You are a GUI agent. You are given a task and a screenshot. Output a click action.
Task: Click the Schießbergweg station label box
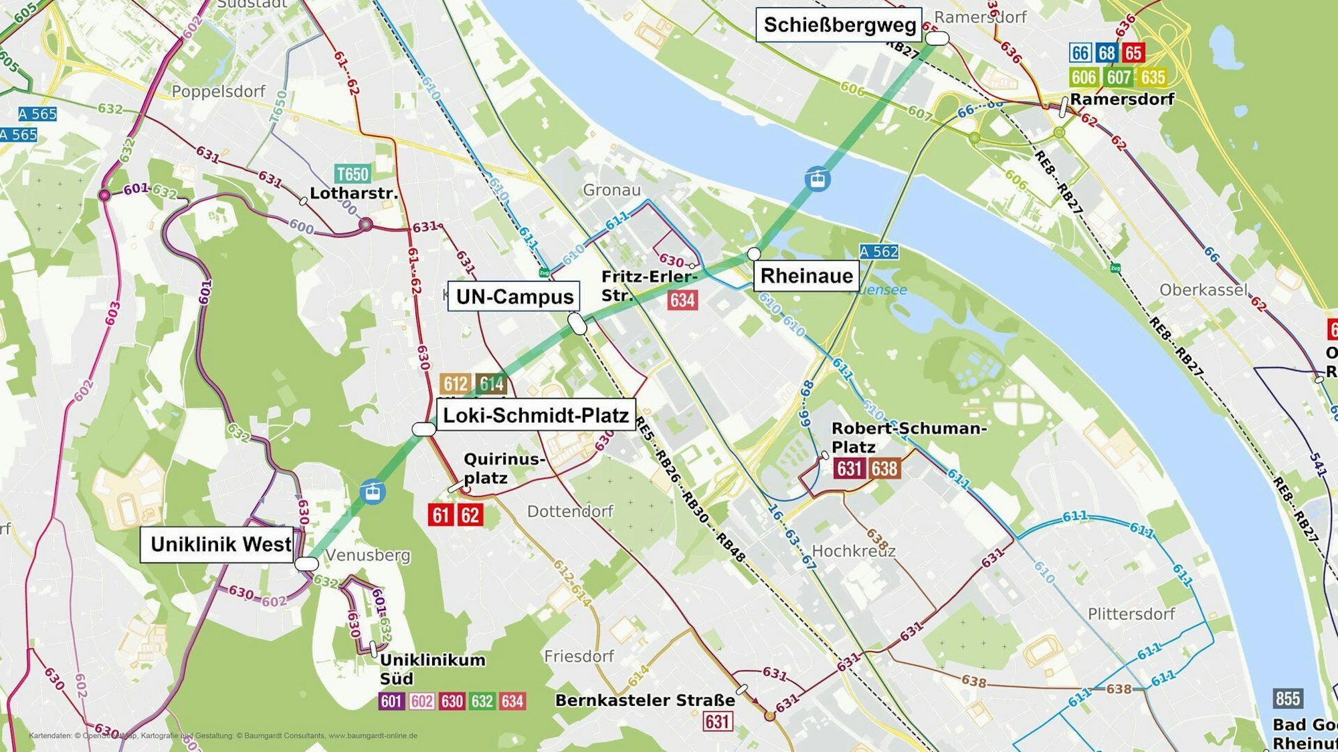[839, 25]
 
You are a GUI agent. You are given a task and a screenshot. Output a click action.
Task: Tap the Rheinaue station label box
[806, 276]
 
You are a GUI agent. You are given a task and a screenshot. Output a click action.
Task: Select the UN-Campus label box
[514, 297]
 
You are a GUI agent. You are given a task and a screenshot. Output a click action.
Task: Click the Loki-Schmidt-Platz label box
[536, 415]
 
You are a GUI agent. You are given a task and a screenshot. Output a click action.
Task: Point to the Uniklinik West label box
[220, 545]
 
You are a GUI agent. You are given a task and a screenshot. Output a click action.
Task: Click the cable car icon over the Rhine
[818, 179]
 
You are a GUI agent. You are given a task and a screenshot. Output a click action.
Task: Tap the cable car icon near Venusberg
[372, 493]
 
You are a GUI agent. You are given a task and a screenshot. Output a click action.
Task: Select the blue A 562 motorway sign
[878, 252]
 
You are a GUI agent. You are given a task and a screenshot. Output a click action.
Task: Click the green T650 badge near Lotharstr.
[352, 174]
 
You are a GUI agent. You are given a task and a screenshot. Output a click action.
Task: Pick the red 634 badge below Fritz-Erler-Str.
[682, 300]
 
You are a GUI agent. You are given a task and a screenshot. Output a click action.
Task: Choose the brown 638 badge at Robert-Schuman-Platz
[884, 469]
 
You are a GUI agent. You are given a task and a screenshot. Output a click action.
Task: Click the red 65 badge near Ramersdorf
[1133, 53]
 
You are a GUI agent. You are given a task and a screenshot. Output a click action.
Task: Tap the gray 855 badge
[1287, 699]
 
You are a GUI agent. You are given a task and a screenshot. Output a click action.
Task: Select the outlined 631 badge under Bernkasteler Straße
[716, 722]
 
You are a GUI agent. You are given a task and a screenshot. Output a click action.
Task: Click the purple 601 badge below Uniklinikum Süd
[391, 701]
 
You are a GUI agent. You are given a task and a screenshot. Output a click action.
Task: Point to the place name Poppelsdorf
[218, 92]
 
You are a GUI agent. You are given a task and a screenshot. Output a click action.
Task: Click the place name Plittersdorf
[1131, 614]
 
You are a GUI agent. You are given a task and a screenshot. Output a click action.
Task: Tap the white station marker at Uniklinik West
[306, 563]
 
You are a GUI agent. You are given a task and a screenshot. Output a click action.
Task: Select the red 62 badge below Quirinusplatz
[470, 515]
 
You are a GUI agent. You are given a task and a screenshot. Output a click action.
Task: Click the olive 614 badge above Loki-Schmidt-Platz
[491, 384]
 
